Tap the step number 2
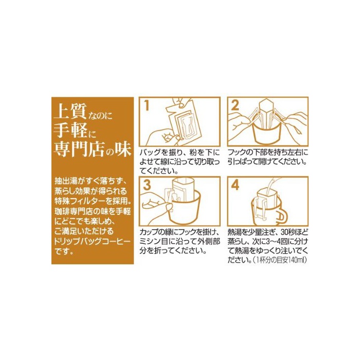point(235,105)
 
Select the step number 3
point(147,185)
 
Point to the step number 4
point(235,185)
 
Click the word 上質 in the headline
point(70,111)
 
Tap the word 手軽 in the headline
point(70,131)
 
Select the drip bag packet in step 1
point(183,122)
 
